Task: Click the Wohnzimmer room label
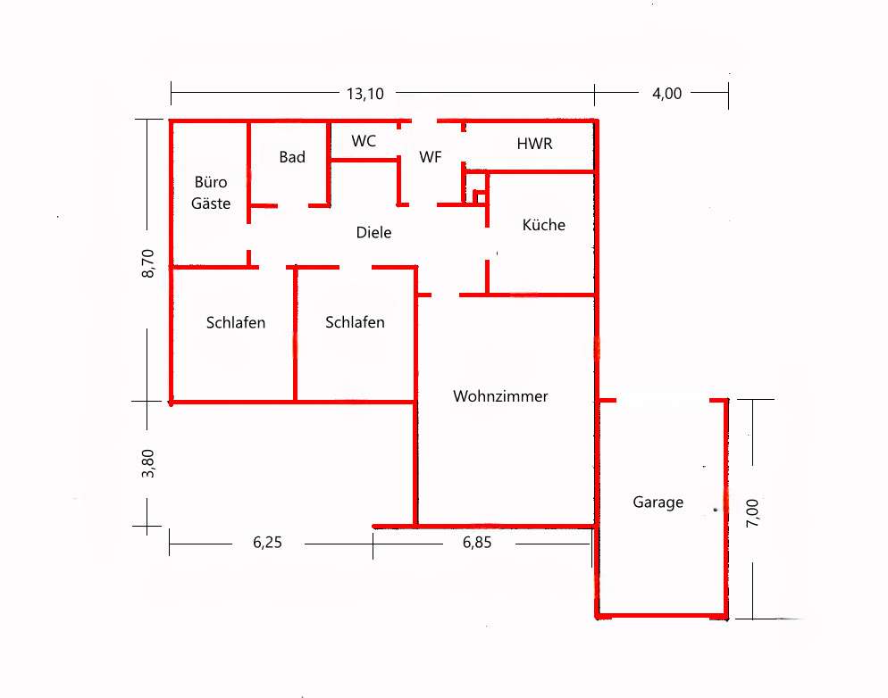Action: tap(500, 396)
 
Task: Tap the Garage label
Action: tap(658, 503)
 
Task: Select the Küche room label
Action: tap(544, 225)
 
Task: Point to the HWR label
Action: tap(534, 144)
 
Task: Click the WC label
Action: tap(364, 141)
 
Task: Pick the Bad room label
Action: tap(292, 157)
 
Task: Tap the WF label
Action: tap(431, 157)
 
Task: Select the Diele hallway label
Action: tap(373, 232)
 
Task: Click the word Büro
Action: tap(211, 181)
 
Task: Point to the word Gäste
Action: tap(211, 204)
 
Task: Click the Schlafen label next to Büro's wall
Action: tap(236, 322)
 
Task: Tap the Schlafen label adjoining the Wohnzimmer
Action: tap(355, 322)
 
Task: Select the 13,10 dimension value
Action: tap(365, 94)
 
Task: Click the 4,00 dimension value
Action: tap(667, 94)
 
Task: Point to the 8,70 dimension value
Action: tap(147, 263)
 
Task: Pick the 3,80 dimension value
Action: tap(147, 463)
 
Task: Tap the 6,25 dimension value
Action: tap(267, 543)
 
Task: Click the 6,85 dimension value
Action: tap(477, 543)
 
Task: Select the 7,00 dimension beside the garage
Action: tap(752, 513)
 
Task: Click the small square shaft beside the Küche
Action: tap(479, 197)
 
